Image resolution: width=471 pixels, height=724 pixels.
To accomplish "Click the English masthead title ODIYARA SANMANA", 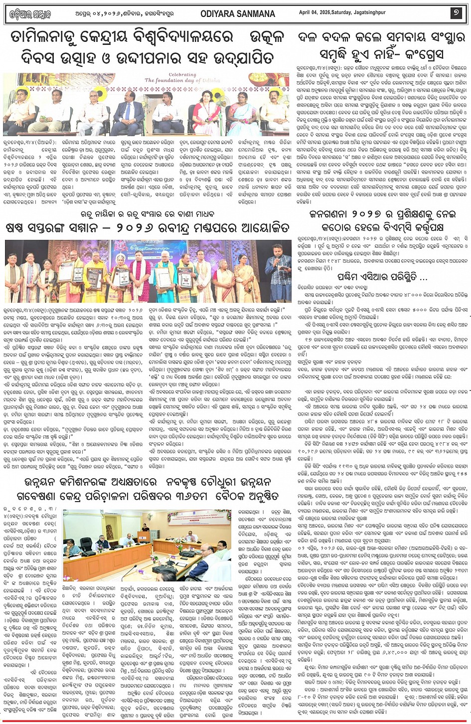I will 237,14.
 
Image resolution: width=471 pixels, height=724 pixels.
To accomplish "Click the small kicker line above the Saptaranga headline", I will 148,214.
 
